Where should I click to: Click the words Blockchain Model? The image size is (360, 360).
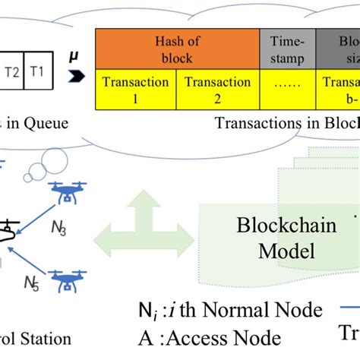275,238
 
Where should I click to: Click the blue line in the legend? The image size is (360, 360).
346,309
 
